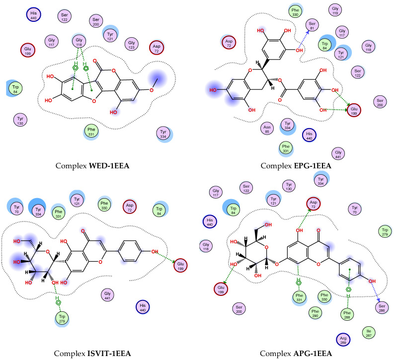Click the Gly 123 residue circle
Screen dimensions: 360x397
132,44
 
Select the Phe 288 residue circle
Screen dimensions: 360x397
350,314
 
